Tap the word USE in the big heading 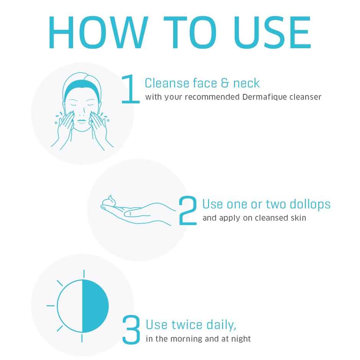point(272,33)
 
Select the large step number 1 point(131,89)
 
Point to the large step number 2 point(188,210)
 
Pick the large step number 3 point(131,329)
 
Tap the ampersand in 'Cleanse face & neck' point(225,83)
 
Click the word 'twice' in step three point(187,325)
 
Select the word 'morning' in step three point(187,339)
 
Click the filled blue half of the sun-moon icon point(95,306)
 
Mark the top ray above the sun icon point(84,274)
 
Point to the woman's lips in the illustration point(82,121)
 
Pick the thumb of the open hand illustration point(137,214)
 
